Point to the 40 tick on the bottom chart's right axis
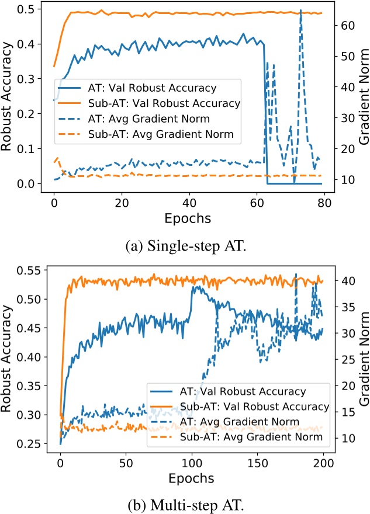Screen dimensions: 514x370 click(340, 281)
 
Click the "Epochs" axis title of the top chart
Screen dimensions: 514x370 click(187, 218)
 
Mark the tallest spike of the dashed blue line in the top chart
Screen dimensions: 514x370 click(300, 11)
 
